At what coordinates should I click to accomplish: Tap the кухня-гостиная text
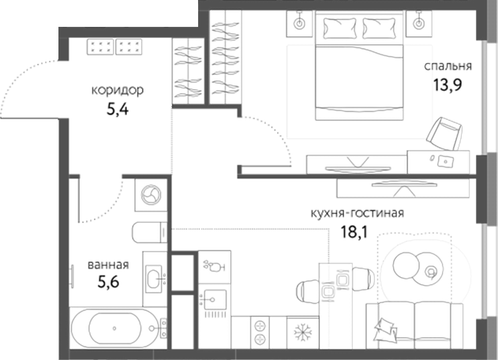(358, 213)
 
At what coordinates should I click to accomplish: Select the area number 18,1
(355, 232)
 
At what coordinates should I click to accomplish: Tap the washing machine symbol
(150, 194)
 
